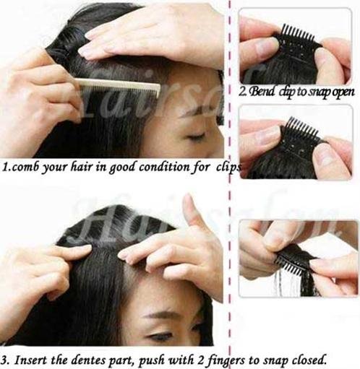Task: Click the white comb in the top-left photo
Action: point(118,88)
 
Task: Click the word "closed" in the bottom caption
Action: point(309,360)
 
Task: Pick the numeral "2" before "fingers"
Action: point(200,360)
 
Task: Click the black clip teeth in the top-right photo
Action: point(299,32)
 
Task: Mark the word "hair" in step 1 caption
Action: point(82,166)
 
